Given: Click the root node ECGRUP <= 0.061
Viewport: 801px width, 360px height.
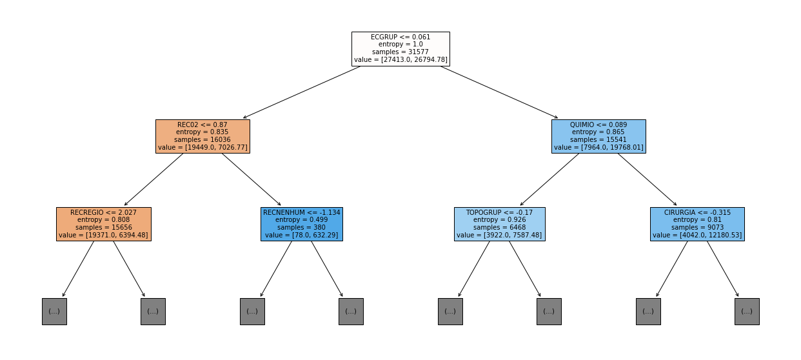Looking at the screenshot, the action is tap(400, 49).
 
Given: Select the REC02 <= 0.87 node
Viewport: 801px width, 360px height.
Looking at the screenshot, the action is tap(203, 136).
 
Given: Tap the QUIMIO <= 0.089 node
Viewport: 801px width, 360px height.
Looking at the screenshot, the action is tap(598, 136).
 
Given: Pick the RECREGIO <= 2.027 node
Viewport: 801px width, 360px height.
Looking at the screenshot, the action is tap(104, 224).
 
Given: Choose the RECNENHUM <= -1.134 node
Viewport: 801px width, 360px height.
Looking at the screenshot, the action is tap(302, 224).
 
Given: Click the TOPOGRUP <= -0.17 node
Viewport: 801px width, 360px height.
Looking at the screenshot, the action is tap(500, 224).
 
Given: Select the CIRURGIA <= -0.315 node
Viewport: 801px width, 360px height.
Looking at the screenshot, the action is tap(697, 224).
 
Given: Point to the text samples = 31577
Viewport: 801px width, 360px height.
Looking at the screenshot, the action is tap(400, 52).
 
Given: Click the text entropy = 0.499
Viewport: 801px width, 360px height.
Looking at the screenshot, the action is tap(301, 220).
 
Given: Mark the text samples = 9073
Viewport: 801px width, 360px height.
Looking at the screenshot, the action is tap(697, 227).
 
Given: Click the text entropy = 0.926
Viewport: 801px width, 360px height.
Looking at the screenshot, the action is tap(500, 220).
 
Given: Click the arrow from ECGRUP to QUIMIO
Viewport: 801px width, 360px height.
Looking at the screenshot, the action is tap(499, 92).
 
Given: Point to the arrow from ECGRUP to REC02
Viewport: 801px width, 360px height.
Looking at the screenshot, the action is tap(301, 92).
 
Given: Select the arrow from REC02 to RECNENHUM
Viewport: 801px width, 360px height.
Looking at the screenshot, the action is tap(252, 179).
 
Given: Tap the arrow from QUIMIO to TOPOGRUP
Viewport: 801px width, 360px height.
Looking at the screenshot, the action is tap(549, 179).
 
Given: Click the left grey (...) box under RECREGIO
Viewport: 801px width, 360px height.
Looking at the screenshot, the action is tap(54, 312).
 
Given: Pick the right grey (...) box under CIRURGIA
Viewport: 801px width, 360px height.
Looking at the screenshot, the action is tap(747, 312).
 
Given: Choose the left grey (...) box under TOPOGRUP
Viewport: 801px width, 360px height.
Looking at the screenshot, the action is tap(450, 312).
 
